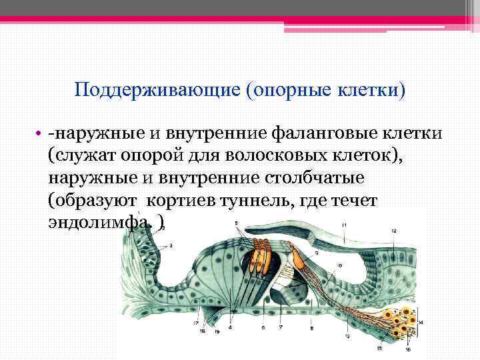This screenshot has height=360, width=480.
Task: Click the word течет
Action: click(353, 200)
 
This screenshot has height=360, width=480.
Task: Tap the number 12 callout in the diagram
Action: click(394, 231)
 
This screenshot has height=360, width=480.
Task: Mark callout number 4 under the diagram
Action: click(231, 327)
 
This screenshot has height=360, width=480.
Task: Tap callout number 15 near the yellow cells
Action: click(380, 347)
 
